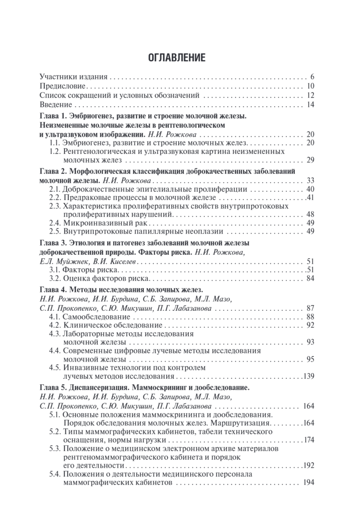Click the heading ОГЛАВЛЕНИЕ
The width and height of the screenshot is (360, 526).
180,57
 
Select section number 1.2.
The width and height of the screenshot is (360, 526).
55,151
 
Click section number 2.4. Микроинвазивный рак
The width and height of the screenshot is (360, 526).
55,223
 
